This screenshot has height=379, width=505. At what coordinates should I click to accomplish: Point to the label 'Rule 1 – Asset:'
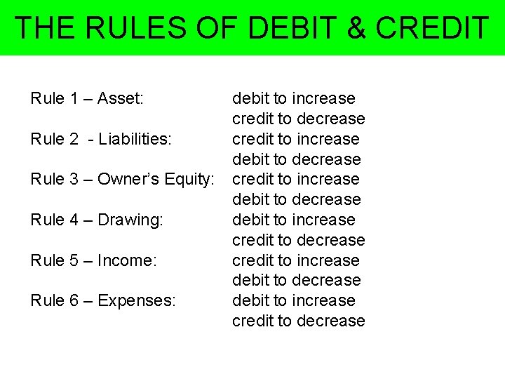click(x=87, y=98)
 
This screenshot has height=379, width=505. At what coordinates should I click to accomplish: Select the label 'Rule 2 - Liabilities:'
click(x=100, y=139)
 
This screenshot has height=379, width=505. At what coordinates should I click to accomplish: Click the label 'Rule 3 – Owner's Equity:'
click(x=122, y=180)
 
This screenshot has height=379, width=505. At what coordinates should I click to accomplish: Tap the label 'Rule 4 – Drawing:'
click(x=97, y=220)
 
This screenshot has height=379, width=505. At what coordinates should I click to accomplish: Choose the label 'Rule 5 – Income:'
click(x=93, y=260)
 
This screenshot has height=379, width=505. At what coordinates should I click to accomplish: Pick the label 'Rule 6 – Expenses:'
click(x=103, y=300)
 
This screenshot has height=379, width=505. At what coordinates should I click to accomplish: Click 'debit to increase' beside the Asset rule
click(x=293, y=98)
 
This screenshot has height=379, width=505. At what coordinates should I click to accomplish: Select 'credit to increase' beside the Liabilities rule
click(x=295, y=139)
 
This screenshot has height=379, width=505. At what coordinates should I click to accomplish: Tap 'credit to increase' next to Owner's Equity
click(x=295, y=180)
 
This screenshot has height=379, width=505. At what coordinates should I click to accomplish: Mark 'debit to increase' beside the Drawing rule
click(x=293, y=220)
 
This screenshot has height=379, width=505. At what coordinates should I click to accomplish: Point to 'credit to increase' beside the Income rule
click(x=295, y=260)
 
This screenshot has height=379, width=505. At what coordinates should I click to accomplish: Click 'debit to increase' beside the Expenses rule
click(x=293, y=300)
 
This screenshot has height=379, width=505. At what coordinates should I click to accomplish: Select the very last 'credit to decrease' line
click(x=298, y=321)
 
